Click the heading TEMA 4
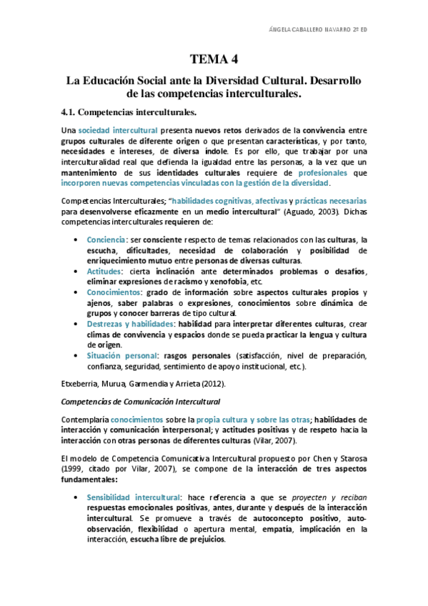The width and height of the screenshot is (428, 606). pyautogui.click(x=214, y=59)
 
